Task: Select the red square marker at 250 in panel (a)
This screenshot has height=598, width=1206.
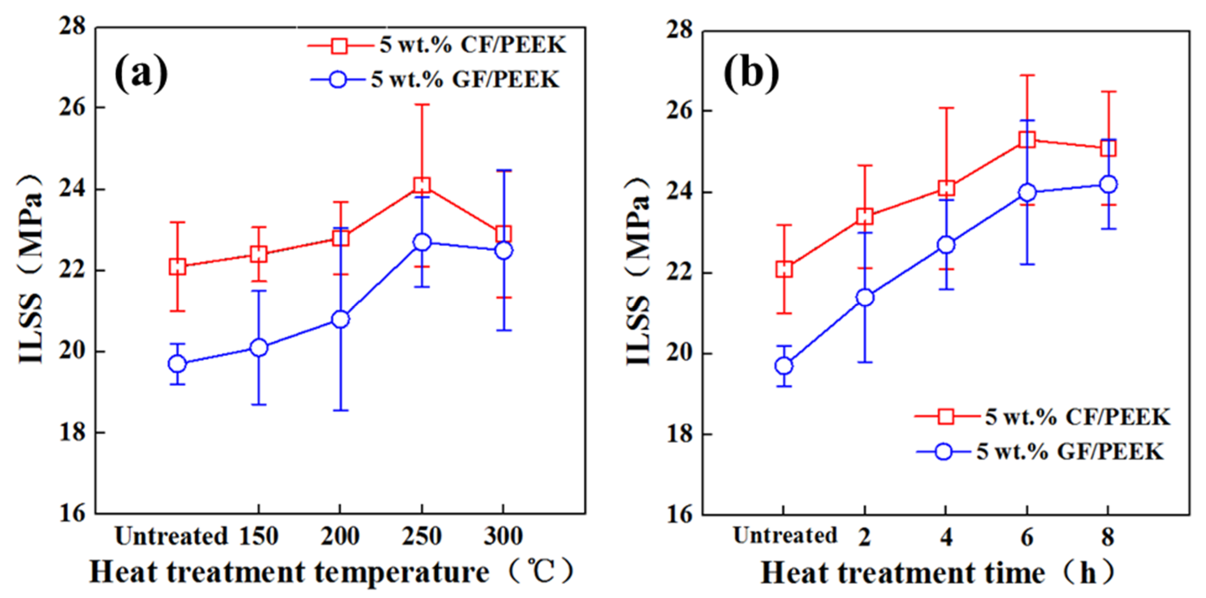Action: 422,185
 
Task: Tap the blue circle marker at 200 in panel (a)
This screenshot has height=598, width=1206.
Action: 340,319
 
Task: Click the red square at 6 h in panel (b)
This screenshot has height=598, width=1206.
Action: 1027,139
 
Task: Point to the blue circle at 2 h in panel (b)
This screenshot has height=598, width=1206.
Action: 865,297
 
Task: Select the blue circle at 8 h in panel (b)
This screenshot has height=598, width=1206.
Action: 1108,184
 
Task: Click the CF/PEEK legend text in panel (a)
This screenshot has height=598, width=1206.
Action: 473,45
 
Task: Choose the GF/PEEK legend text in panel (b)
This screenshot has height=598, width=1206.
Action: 1070,452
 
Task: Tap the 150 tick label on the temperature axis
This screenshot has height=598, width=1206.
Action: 259,536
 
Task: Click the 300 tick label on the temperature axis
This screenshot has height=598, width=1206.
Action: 503,536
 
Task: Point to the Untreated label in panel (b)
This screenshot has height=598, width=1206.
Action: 785,535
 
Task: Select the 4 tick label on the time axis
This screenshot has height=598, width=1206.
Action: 946,536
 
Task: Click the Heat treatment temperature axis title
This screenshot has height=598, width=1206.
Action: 330,572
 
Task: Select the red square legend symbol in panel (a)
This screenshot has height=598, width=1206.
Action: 339,45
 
